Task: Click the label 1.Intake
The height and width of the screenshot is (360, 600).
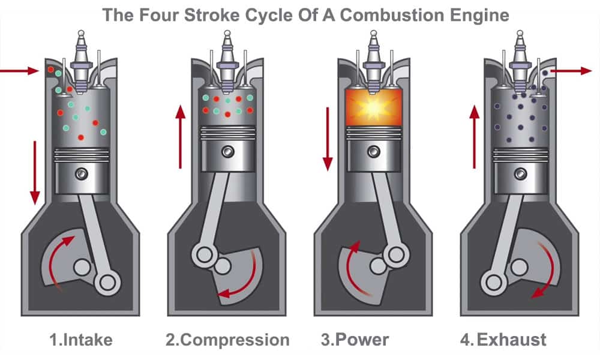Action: pos(80,340)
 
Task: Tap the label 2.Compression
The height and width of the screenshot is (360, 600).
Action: pos(227,340)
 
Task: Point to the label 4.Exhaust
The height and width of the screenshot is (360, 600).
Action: pos(503,340)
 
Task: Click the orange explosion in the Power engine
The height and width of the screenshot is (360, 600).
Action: pos(374,109)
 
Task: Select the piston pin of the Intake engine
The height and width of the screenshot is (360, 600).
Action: pos(80,174)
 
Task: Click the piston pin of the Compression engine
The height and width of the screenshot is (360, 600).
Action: pos(227,151)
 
